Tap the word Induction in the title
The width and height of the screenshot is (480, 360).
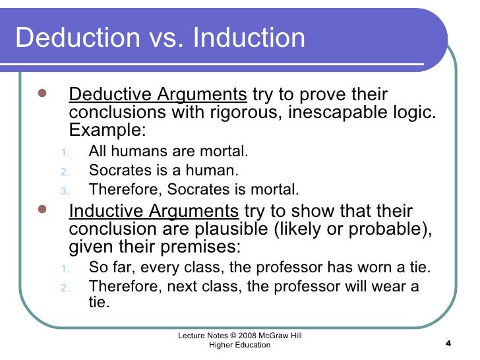click(250, 38)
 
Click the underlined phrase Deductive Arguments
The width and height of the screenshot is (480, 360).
click(158, 95)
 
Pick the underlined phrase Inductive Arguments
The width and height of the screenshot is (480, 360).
click(154, 212)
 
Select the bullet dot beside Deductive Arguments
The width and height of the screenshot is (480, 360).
click(41, 94)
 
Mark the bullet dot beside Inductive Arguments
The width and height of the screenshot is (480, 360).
click(41, 212)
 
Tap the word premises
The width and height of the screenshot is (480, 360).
click(207, 248)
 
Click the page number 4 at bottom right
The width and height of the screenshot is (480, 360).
click(448, 344)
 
